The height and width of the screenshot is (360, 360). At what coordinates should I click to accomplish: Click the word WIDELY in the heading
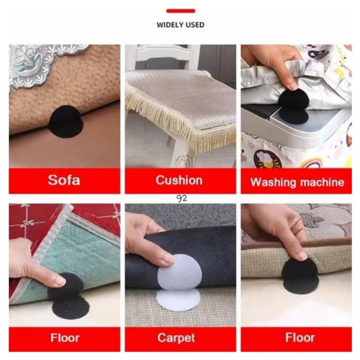tap(168, 25)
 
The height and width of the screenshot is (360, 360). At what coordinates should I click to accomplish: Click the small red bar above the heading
tap(180, 11)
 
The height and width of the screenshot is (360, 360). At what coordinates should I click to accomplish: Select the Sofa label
tap(64, 181)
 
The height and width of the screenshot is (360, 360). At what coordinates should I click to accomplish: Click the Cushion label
tap(179, 180)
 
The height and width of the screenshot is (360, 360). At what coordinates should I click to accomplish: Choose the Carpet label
tap(179, 337)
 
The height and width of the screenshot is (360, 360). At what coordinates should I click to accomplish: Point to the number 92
tap(182, 198)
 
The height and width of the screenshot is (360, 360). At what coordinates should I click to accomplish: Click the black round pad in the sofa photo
tap(66, 121)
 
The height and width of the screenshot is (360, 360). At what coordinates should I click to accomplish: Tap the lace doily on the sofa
tap(31, 63)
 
